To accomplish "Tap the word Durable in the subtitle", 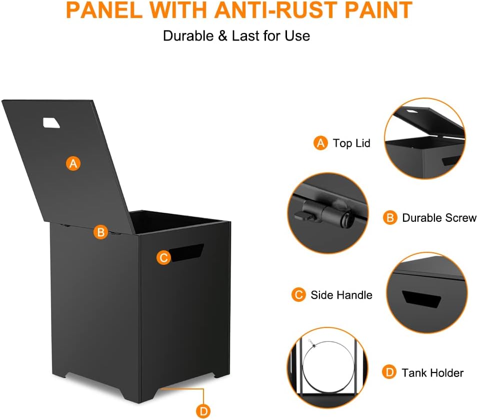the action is pyautogui.click(x=188, y=36).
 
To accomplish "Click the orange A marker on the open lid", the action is pyautogui.click(x=73, y=164).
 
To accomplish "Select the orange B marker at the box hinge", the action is pyautogui.click(x=101, y=232).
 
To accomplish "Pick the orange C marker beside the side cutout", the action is pyautogui.click(x=163, y=258).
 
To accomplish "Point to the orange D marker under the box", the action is pyautogui.click(x=203, y=411).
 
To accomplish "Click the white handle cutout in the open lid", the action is pyautogui.click(x=51, y=123).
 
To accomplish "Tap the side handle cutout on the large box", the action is pyautogui.click(x=186, y=252).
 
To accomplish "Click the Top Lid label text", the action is pyautogui.click(x=351, y=143).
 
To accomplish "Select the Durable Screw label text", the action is pyautogui.click(x=439, y=218).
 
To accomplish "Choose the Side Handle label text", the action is pyautogui.click(x=341, y=295).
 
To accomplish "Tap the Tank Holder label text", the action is pyautogui.click(x=432, y=372).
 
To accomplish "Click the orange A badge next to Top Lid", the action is pyautogui.click(x=320, y=143).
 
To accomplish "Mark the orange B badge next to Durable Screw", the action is pyautogui.click(x=390, y=218).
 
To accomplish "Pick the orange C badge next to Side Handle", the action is pyautogui.click(x=298, y=295).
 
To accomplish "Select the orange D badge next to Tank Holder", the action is pyautogui.click(x=389, y=372).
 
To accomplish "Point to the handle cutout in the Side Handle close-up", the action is pyautogui.click(x=421, y=299).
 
